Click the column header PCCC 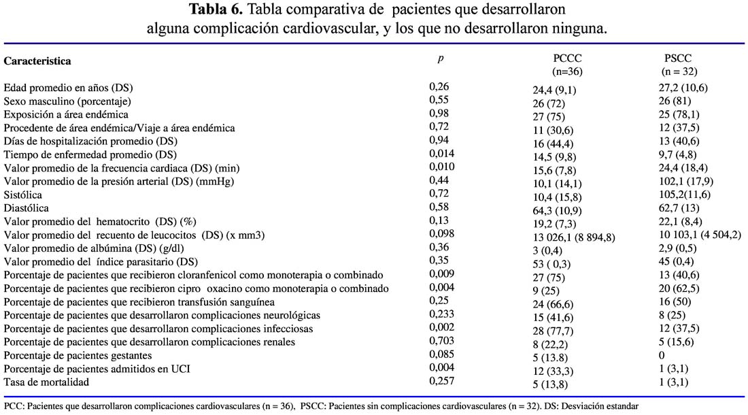(567, 59)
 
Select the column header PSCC (678, 59)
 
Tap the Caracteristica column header (37, 61)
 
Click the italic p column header (441, 59)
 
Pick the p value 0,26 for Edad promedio (439, 86)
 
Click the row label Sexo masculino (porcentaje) (67, 101)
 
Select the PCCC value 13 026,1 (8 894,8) (574, 237)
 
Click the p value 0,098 (442, 233)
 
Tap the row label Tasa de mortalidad (46, 382)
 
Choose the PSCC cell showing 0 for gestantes (662, 355)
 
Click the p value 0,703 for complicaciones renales (442, 341)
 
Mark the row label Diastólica (27, 208)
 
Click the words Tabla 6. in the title (216, 9)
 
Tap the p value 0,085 (442, 354)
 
